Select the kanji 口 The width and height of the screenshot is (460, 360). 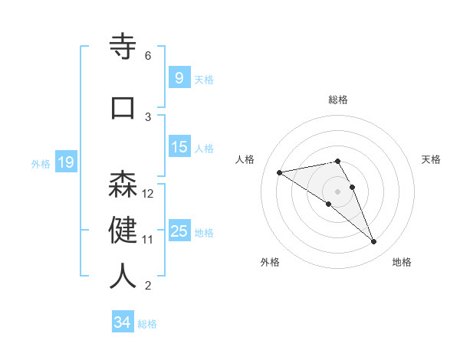(x=123, y=107)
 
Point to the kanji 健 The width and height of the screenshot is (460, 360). (x=123, y=230)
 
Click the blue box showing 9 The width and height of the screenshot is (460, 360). (x=179, y=78)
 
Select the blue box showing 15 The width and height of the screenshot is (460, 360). (x=179, y=147)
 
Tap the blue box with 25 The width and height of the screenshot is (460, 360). (x=179, y=231)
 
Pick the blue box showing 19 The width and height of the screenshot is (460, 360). (x=65, y=162)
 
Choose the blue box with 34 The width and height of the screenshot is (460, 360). (x=122, y=322)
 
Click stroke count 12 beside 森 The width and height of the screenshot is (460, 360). (x=148, y=193)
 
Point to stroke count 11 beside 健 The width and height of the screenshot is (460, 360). (x=148, y=239)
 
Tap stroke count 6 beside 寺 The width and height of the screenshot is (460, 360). (x=148, y=55)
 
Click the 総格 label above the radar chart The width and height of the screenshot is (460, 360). (x=337, y=100)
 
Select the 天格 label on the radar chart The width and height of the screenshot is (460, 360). (x=432, y=159)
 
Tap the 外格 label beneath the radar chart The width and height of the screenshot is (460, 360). (x=270, y=262)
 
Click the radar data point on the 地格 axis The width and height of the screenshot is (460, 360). (x=374, y=242)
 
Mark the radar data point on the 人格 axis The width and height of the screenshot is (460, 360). (x=279, y=172)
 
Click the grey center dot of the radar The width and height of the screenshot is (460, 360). (x=337, y=191)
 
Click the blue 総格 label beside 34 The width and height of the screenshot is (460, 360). (x=147, y=324)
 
